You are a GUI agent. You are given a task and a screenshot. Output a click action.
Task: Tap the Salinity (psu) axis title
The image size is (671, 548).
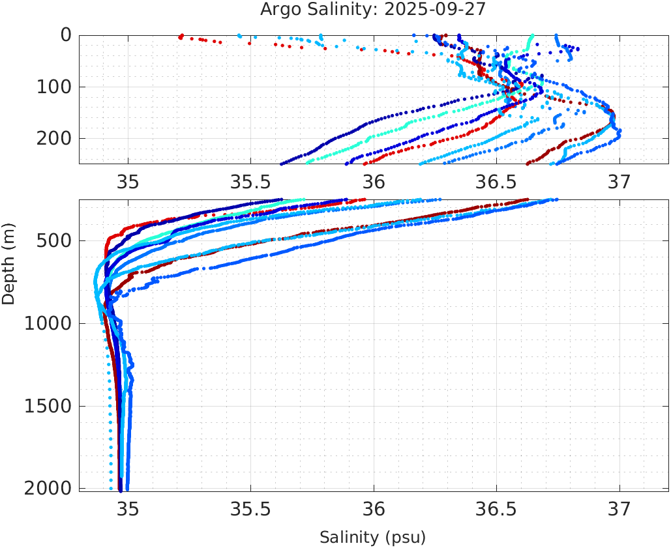(x=372, y=538)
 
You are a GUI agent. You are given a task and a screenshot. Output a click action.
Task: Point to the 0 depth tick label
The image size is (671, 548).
(x=66, y=35)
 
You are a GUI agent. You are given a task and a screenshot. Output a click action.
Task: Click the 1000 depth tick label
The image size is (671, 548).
(x=48, y=324)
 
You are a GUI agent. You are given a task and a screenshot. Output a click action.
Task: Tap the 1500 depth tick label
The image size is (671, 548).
(x=48, y=407)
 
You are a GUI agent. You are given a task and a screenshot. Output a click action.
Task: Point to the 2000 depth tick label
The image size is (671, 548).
(x=48, y=489)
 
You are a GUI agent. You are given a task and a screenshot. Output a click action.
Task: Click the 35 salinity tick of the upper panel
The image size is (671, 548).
(x=128, y=182)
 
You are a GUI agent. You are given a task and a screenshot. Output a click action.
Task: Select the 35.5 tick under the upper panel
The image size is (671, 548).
(x=250, y=182)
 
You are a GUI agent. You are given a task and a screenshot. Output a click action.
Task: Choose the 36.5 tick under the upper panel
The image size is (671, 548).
(x=496, y=182)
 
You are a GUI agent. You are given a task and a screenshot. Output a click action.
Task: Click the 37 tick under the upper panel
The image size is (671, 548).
(x=619, y=182)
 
